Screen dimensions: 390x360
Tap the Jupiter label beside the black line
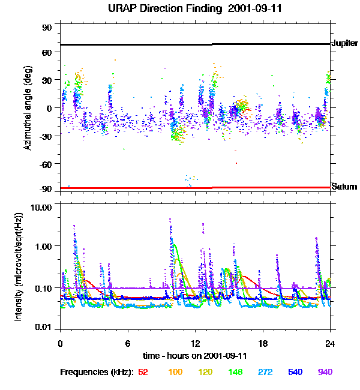[x=344, y=44]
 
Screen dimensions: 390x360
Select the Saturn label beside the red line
[x=344, y=187]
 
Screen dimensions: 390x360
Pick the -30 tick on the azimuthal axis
[x=46, y=136]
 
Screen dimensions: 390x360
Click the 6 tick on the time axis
[x=128, y=343]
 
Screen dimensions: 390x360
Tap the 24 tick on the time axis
[x=330, y=343]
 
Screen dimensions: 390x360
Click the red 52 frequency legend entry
[x=143, y=372]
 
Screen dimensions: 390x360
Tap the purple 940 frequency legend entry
[x=325, y=372]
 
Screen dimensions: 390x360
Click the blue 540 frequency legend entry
[x=295, y=372]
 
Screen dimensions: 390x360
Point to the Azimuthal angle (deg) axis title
[x=28, y=108]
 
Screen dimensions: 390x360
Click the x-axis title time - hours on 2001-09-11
[x=195, y=356]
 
